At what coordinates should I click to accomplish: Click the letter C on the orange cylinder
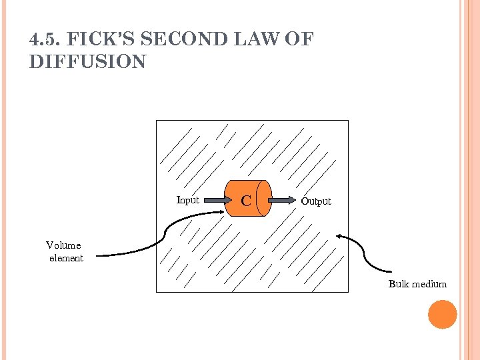(x=246, y=200)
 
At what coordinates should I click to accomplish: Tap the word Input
(x=187, y=199)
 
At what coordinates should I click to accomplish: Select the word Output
(x=315, y=201)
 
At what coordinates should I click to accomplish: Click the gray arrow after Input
(x=214, y=199)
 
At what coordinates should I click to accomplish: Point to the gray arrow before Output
(x=285, y=199)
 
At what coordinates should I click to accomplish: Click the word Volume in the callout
(x=63, y=245)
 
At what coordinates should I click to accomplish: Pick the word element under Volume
(x=66, y=258)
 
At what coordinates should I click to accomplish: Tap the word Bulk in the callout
(x=399, y=284)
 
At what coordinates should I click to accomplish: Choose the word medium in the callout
(x=429, y=284)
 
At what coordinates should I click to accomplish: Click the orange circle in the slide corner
(x=442, y=315)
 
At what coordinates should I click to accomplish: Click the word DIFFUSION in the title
(x=87, y=62)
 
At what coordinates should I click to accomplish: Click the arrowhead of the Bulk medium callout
(x=340, y=235)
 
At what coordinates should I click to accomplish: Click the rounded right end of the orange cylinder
(x=266, y=198)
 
